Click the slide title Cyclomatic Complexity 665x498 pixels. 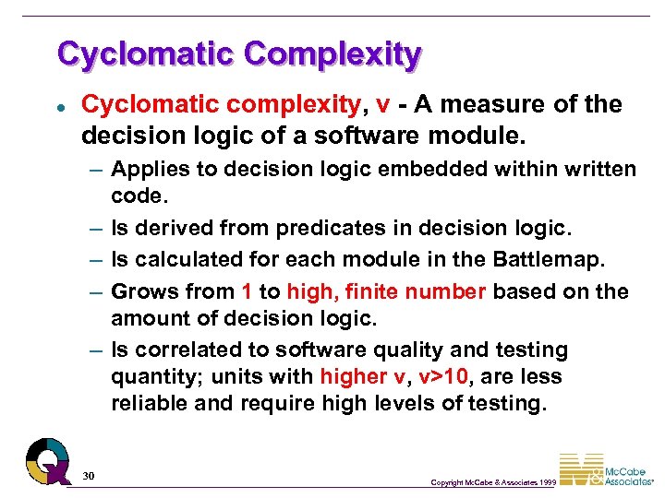(x=238, y=53)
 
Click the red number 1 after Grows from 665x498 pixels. (x=247, y=292)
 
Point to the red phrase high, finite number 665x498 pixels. (x=386, y=292)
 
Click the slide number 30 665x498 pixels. (x=89, y=475)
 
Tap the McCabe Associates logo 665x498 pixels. (x=605, y=469)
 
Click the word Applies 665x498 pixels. (x=146, y=169)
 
